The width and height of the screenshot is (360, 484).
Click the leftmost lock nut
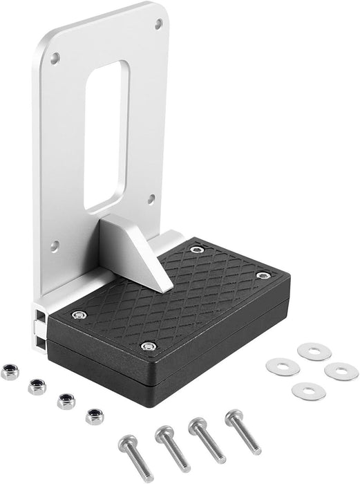click(10, 371)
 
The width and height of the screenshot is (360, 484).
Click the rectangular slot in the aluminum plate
click(105, 135)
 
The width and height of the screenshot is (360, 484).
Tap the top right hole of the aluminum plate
click(159, 25)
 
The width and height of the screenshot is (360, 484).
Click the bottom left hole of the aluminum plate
click(56, 244)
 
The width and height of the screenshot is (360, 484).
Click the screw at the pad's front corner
click(146, 345)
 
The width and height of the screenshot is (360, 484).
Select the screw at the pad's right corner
click(262, 276)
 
